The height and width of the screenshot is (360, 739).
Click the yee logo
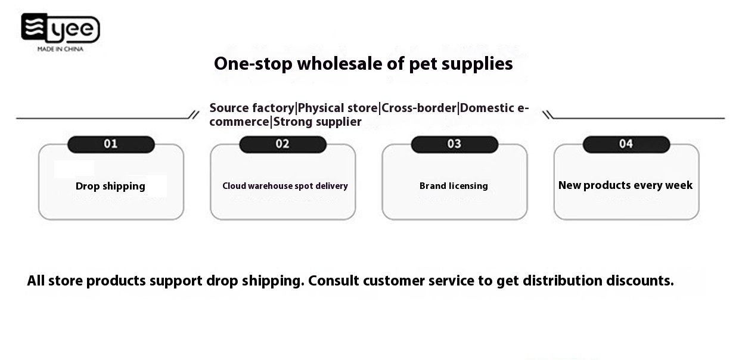click(60, 28)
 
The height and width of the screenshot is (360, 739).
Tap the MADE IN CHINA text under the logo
click(60, 49)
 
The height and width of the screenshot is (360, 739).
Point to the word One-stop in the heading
click(253, 64)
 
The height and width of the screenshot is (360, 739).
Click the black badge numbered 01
click(111, 144)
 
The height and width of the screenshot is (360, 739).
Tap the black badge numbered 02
click(282, 144)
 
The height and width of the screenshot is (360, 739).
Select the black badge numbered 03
click(454, 144)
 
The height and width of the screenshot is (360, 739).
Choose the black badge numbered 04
click(626, 144)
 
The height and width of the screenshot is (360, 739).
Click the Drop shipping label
click(110, 186)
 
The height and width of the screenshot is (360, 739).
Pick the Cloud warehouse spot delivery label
click(285, 186)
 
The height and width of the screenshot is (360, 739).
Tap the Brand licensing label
click(454, 186)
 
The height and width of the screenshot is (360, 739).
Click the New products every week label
click(626, 185)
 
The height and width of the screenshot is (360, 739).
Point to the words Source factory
click(251, 108)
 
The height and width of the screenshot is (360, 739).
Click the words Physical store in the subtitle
click(337, 108)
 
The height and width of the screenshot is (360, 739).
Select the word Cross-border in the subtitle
click(419, 108)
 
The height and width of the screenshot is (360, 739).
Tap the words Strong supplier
click(318, 122)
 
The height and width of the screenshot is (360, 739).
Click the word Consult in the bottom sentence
click(333, 281)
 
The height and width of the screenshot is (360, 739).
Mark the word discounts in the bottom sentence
click(640, 281)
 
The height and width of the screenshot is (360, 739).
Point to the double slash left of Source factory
click(194, 115)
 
